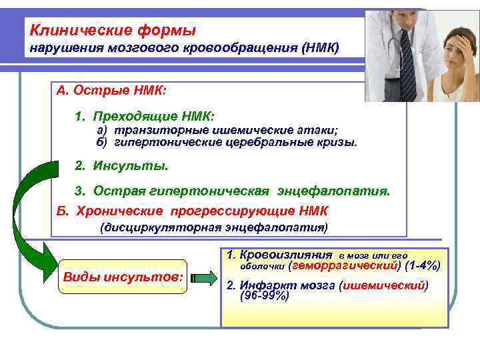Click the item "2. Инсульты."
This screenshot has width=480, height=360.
click(x=121, y=165)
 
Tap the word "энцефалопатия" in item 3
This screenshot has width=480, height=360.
click(x=341, y=191)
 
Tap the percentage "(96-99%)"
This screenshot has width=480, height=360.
click(x=264, y=296)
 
